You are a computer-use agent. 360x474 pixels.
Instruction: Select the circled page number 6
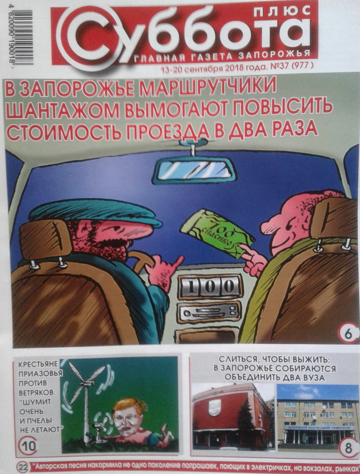coord(345,334)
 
